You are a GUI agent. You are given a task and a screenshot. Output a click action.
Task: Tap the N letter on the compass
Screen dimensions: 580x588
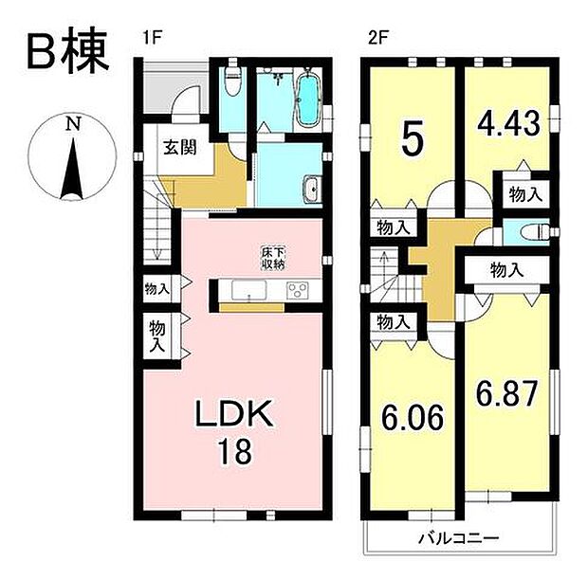(72, 124)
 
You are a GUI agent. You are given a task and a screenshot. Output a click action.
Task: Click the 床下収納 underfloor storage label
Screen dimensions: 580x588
(273, 259)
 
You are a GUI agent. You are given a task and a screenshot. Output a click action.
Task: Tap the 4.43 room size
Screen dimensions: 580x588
(509, 123)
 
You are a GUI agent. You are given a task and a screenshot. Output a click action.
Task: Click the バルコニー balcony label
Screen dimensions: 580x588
(459, 538)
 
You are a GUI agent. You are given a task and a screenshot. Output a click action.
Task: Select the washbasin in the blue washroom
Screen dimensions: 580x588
(310, 190)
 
